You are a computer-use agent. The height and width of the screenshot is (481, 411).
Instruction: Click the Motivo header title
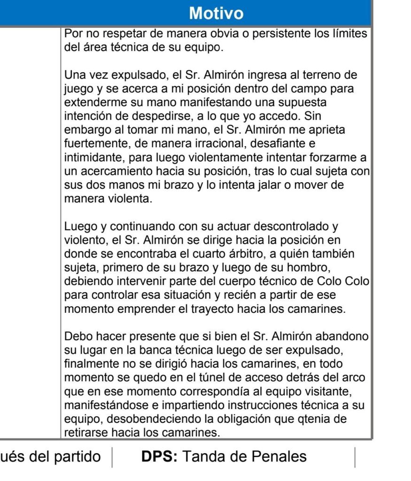pyautogui.click(x=216, y=13)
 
